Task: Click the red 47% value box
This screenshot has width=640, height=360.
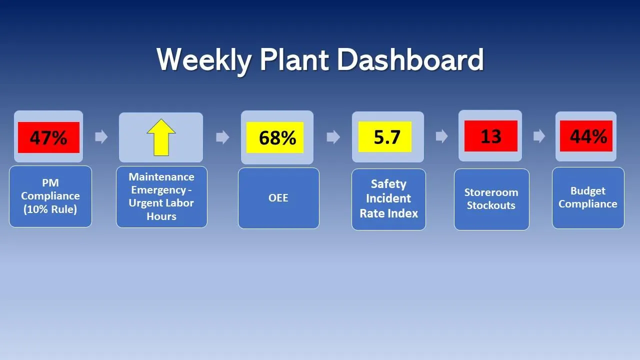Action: pyautogui.click(x=48, y=137)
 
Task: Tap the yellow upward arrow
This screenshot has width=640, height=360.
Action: pyautogui.click(x=161, y=137)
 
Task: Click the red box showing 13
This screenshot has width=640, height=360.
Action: pyautogui.click(x=490, y=136)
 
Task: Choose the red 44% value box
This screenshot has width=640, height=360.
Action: pyautogui.click(x=586, y=136)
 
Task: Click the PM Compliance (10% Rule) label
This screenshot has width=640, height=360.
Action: pyautogui.click(x=50, y=196)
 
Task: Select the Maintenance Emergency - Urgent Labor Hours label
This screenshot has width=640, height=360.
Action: pyautogui.click(x=161, y=196)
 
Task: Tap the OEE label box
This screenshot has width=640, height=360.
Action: pyautogui.click(x=278, y=198)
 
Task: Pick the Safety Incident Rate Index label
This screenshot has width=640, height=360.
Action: pyautogui.click(x=388, y=199)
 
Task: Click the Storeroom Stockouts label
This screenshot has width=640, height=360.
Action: pyautogui.click(x=491, y=199)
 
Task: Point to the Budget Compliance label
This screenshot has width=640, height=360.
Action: pyautogui.click(x=588, y=197)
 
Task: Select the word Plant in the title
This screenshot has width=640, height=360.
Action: pyautogui.click(x=294, y=59)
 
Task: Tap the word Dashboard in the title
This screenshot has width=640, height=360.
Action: pyautogui.click(x=410, y=59)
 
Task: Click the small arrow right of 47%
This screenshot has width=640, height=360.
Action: pyautogui.click(x=101, y=137)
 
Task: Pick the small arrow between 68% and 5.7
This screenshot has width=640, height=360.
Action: pyautogui.click(x=333, y=137)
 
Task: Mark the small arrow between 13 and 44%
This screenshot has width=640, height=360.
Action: pyautogui.click(x=539, y=136)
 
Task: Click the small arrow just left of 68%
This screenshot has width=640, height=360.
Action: pyautogui.click(x=222, y=137)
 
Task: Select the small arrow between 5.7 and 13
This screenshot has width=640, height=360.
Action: pyautogui.click(x=441, y=136)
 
